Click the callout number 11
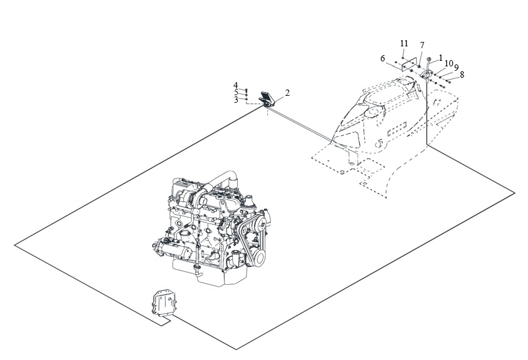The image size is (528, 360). pyautogui.click(x=404, y=43)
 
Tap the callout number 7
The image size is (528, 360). pyautogui.click(x=422, y=45)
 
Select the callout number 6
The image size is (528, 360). pyautogui.click(x=382, y=59)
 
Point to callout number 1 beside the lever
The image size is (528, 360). pyautogui.click(x=441, y=58)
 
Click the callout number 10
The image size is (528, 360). pyautogui.click(x=449, y=63)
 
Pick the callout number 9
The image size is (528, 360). pyautogui.click(x=456, y=68)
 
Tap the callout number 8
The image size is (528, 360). pyautogui.click(x=462, y=75)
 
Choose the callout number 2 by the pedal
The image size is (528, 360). pyautogui.click(x=287, y=93)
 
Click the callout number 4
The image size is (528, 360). pyautogui.click(x=236, y=85)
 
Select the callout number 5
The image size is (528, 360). pyautogui.click(x=236, y=93)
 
